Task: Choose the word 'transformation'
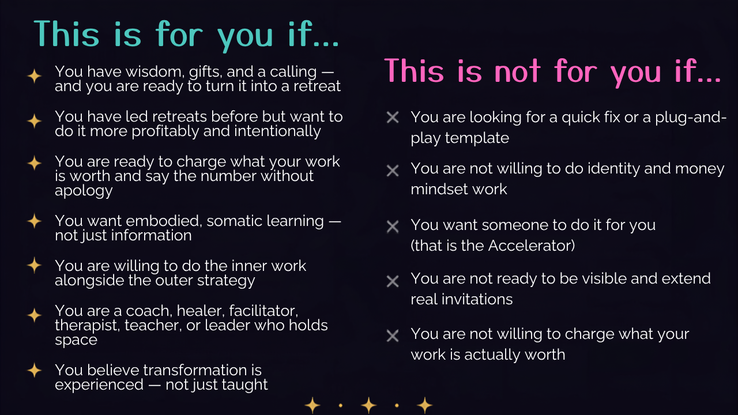[x=167, y=370]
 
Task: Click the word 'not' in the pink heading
[x=517, y=70]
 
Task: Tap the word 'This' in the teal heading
[x=66, y=33]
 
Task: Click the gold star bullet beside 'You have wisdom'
[x=34, y=76]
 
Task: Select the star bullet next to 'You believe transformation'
[x=34, y=370]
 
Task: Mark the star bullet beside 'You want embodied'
[x=34, y=221]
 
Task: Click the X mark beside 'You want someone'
[x=393, y=227]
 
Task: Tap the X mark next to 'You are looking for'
[x=393, y=117]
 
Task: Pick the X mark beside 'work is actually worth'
[x=393, y=336]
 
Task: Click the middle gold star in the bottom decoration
[x=368, y=405]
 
